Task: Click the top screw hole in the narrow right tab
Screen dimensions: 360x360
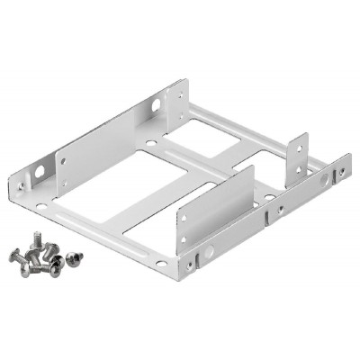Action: coord(299,146)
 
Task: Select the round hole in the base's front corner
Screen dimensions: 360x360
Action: coord(160,263)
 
